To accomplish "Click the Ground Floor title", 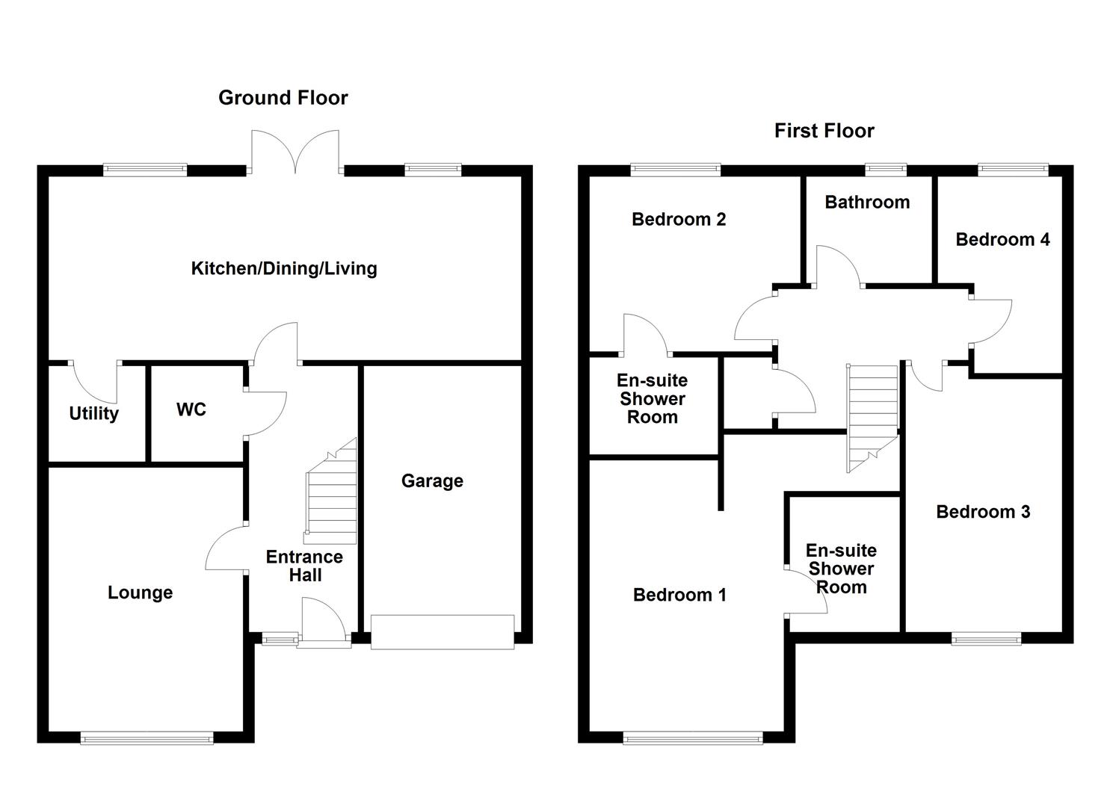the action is pos(283,98).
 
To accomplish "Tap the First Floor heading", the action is pos(824,131).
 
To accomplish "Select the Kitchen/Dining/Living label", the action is pos(284,268).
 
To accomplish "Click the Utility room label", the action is pos(93,413).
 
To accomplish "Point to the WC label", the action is pos(191,409).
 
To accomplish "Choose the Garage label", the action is pos(432,480).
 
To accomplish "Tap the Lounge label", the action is pos(141,593).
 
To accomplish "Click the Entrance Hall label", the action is pos(305,566).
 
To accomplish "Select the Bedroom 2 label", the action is pos(679,219).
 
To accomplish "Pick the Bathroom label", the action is pos(867,202).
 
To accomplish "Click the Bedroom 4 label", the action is pos(1002,239).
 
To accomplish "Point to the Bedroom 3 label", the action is pos(983,511).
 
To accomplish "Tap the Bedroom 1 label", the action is pos(680,595).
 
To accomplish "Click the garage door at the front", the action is pos(443,631).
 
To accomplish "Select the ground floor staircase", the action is pos(331,492).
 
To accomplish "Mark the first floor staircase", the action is pos(872,418).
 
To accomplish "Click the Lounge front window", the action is pos(147,738).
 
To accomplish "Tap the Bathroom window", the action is pos(886,170).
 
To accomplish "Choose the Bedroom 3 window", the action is pos(986,639).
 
